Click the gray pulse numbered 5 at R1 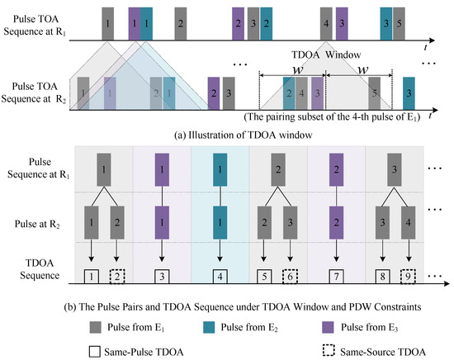click(x=400, y=21)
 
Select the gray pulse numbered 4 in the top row click(x=328, y=21)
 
